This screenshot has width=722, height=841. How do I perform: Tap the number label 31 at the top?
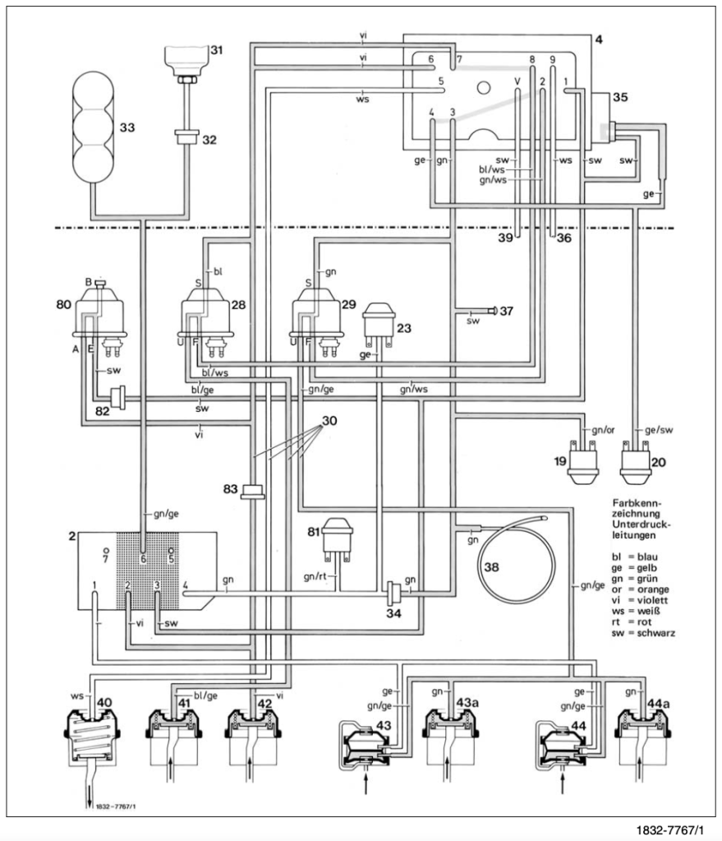(216, 50)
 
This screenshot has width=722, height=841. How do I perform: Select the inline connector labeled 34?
(393, 593)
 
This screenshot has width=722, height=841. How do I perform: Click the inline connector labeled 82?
(117, 398)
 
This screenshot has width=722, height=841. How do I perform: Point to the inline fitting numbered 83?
(252, 491)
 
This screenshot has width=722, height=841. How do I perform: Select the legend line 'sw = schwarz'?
(643, 633)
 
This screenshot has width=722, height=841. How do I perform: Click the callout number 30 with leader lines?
(329, 421)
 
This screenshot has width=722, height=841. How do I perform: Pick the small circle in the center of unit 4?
(484, 87)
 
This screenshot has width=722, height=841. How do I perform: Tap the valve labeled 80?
(100, 317)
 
